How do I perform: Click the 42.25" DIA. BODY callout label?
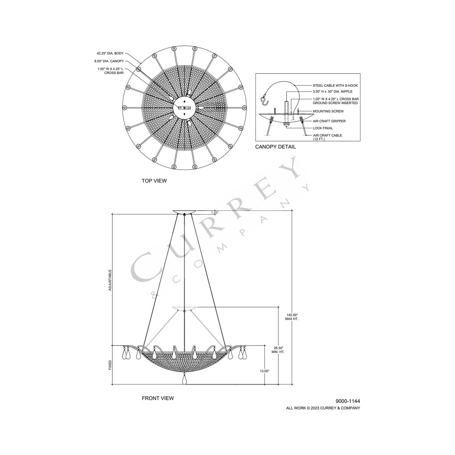point(110,54)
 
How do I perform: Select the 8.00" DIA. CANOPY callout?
point(109,61)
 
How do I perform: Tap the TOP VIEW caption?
point(154,181)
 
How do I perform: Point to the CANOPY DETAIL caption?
point(275,147)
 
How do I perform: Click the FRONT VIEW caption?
point(158,398)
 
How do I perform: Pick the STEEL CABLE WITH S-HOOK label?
point(335,85)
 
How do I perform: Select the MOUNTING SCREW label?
point(328,111)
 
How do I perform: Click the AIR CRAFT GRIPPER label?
point(329,121)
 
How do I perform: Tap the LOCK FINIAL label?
point(323,128)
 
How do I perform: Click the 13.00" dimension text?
point(264,371)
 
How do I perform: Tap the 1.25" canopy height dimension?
point(215,213)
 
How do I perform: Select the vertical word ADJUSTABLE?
point(110,279)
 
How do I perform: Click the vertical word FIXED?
point(110,365)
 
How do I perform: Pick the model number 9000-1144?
point(348,401)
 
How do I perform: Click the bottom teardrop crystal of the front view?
point(185,380)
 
